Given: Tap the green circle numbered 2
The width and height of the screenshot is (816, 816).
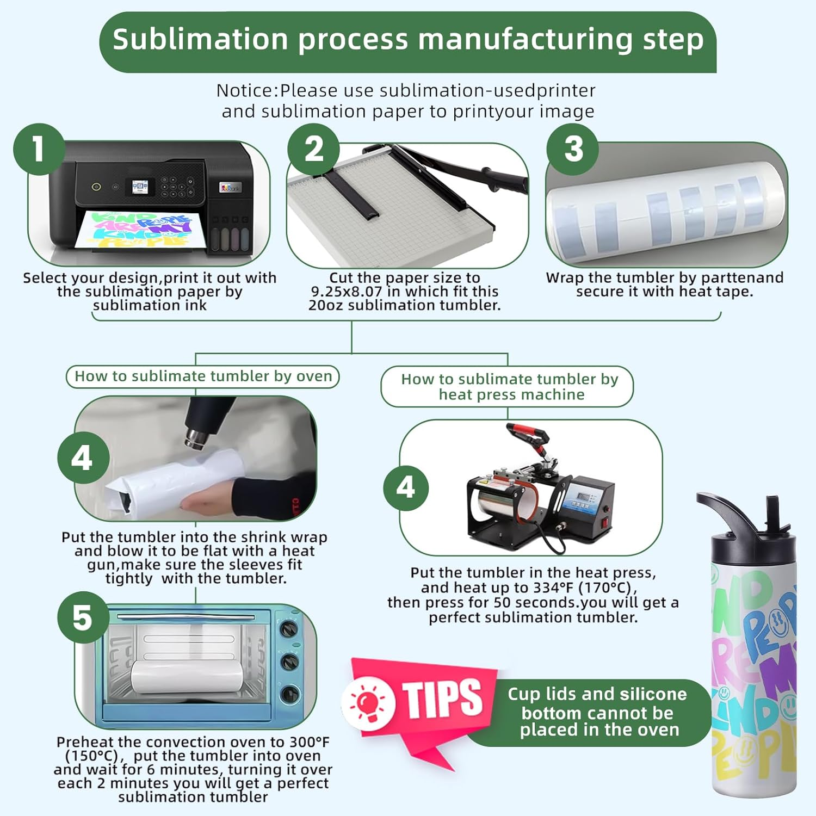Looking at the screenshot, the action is tap(314, 150).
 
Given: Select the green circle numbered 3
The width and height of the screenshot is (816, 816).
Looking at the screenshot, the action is tap(573, 150).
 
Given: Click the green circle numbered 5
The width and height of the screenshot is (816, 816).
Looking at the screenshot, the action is tap(83, 617).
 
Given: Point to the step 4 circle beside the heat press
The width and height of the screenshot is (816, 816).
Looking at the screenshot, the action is tap(406, 487).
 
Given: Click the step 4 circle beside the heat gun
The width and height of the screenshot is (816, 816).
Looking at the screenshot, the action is tap(83, 458).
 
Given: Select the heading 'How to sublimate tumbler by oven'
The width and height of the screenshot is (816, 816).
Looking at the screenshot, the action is tap(203, 376).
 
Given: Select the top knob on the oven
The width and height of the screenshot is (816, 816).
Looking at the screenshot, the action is tap(288, 629).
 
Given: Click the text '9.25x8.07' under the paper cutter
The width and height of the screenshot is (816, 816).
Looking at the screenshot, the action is tap(347, 292).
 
